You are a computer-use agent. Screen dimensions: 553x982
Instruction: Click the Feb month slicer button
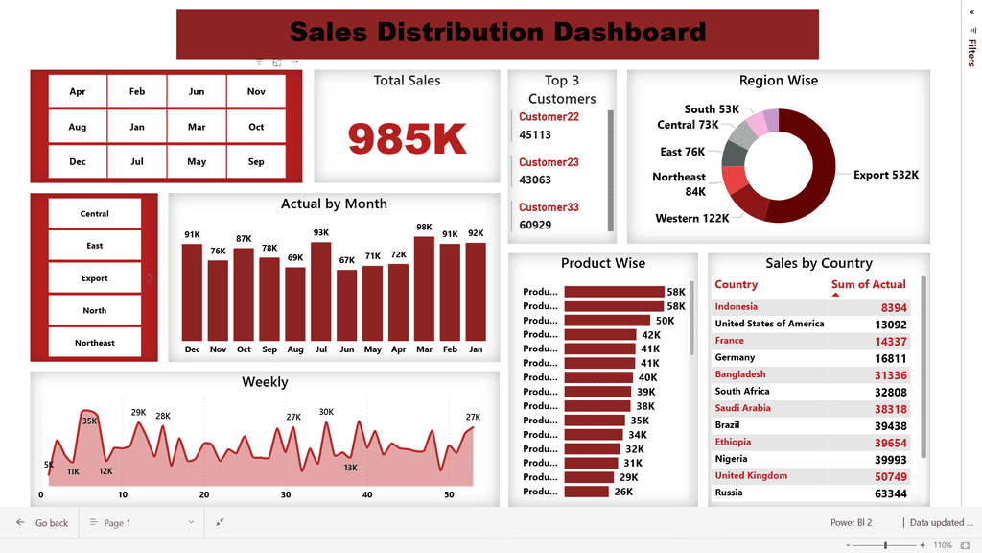coord(137,92)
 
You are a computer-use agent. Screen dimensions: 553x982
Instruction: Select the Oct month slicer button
coord(256,127)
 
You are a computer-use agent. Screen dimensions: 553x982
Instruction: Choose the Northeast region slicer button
coord(95,343)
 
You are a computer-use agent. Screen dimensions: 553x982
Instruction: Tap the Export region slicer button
coord(95,278)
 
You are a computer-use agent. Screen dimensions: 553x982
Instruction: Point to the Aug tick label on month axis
coord(295,349)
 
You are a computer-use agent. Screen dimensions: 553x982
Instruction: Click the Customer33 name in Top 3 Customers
coord(548,207)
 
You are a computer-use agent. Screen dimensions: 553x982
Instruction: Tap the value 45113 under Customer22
coord(535,135)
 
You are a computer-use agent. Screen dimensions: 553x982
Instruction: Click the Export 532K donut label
coord(886,176)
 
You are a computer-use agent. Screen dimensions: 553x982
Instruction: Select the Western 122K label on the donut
coord(692,219)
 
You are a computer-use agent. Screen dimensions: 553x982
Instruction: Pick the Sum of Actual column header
coord(868,285)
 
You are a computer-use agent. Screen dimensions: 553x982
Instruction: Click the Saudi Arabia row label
coord(743,408)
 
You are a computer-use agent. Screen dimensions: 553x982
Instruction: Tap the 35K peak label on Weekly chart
coord(90,421)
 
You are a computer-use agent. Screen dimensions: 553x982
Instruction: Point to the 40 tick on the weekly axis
coord(367,495)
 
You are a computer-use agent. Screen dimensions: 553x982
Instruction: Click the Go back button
coord(43,523)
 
